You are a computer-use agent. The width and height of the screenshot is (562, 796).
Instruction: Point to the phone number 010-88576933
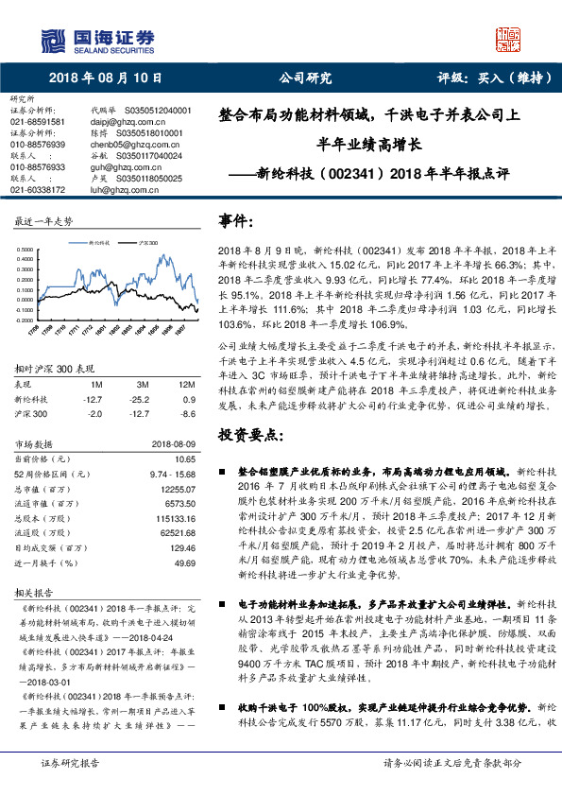pyautogui.click(x=38, y=167)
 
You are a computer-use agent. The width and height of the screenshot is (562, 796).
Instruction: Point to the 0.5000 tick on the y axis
pyautogui.click(x=25, y=251)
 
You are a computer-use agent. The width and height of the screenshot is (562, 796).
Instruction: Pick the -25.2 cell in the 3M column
pyautogui.click(x=144, y=399)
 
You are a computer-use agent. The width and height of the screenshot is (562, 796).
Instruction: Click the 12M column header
pyautogui.click(x=186, y=386)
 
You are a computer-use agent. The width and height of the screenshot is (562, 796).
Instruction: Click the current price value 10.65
pyautogui.click(x=185, y=458)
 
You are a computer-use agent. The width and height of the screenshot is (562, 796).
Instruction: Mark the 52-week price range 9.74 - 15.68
pyautogui.click(x=172, y=472)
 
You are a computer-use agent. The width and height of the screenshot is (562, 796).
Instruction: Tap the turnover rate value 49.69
pyautogui.click(x=185, y=562)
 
